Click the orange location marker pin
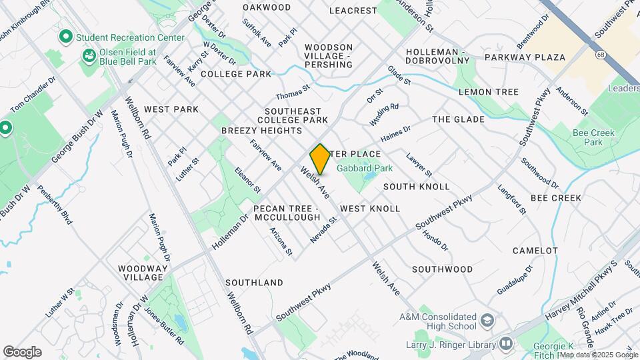(321, 159)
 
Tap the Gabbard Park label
(364, 169)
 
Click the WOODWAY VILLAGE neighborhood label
(141, 272)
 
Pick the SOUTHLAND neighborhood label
(254, 283)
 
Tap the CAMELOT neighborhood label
(535, 251)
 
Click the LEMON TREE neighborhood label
(488, 92)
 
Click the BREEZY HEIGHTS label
(261, 131)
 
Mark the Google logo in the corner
(22, 351)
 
